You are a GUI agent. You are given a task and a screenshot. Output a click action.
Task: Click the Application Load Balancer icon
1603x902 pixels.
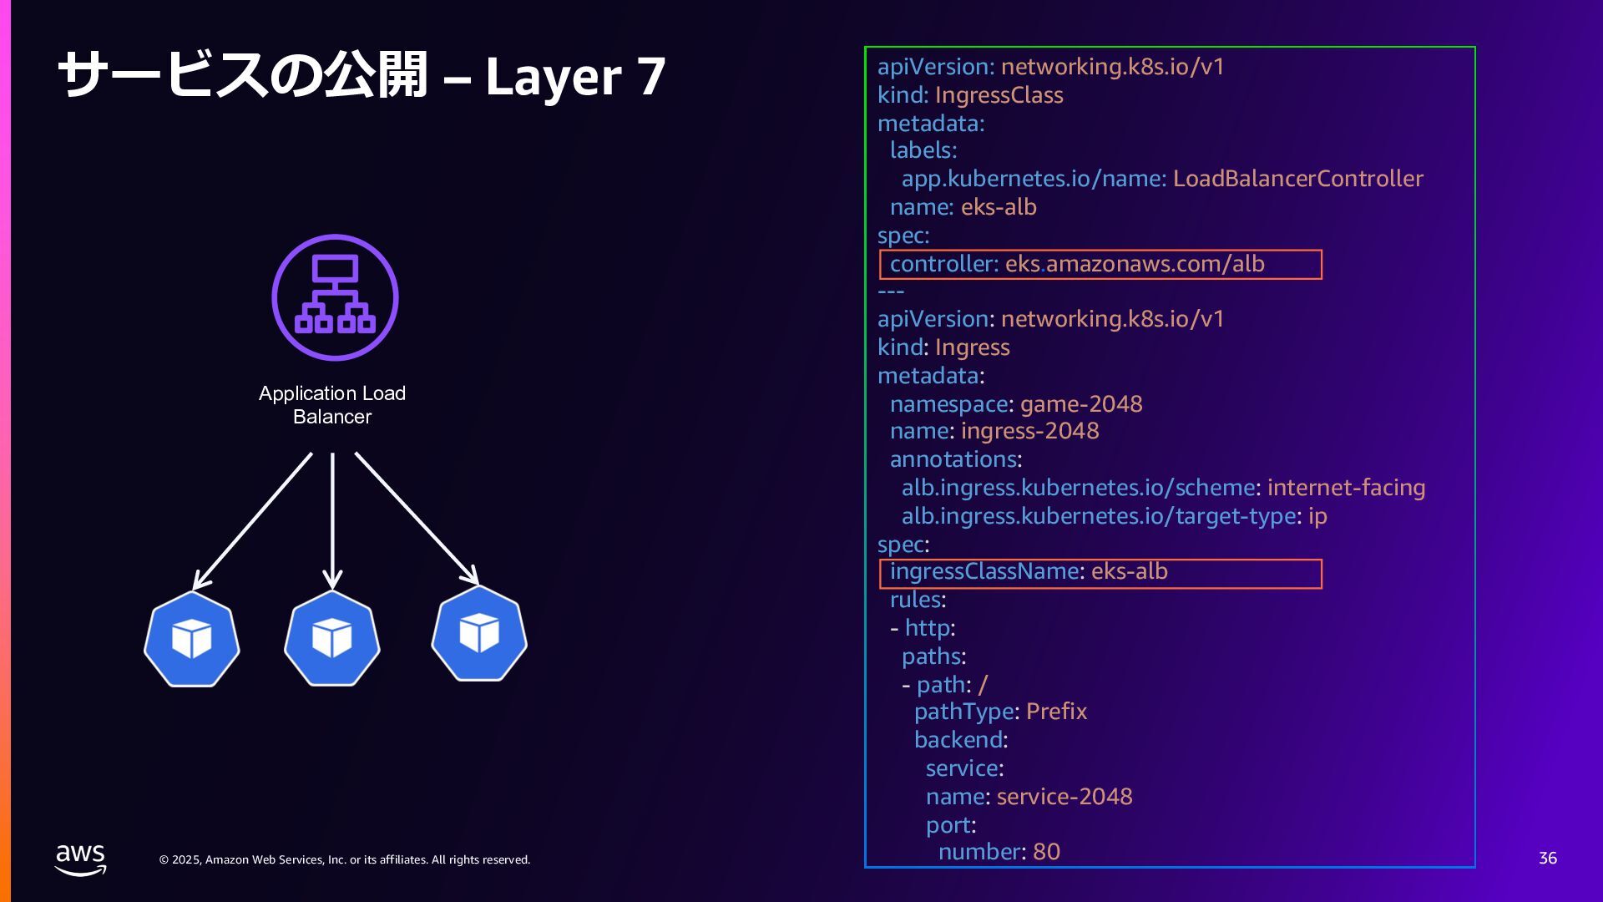(x=335, y=297)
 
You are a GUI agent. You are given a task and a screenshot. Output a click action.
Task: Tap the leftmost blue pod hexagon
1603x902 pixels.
(x=192, y=640)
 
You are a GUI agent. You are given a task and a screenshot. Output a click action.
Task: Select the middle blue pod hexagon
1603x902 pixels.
(x=332, y=639)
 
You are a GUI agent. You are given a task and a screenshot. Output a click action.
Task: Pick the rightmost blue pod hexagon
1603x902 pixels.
(x=479, y=633)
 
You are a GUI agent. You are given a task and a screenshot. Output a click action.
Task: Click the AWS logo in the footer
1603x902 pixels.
(x=80, y=859)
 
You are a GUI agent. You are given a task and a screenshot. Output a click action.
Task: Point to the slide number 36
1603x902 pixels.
(x=1547, y=859)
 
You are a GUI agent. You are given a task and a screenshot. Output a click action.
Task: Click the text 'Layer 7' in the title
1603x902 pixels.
(x=575, y=76)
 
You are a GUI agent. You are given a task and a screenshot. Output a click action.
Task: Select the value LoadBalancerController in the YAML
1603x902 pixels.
(x=1297, y=179)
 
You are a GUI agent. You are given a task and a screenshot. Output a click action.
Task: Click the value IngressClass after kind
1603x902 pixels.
(x=999, y=95)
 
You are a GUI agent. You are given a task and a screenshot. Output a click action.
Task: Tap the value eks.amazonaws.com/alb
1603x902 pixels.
(x=1134, y=264)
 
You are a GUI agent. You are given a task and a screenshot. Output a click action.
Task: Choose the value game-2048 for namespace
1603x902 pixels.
(x=1080, y=404)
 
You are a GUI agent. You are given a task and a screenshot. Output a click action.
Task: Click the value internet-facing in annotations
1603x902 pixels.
(x=1346, y=488)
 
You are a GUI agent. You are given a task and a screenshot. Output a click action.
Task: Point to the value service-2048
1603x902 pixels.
(x=1064, y=797)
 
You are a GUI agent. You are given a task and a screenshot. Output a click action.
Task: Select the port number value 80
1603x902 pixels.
(x=1046, y=852)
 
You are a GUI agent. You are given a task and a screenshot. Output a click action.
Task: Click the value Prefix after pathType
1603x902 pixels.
(x=1056, y=712)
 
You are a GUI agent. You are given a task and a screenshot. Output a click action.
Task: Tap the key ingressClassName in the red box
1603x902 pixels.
(x=984, y=571)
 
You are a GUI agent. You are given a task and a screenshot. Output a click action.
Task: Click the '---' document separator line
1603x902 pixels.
(x=891, y=291)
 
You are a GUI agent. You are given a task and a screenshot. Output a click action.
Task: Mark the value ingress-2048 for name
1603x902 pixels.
(x=1029, y=431)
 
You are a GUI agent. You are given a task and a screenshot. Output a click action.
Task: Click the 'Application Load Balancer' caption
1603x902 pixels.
(x=332, y=405)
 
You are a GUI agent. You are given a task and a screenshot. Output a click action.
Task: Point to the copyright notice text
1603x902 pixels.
(x=345, y=860)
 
